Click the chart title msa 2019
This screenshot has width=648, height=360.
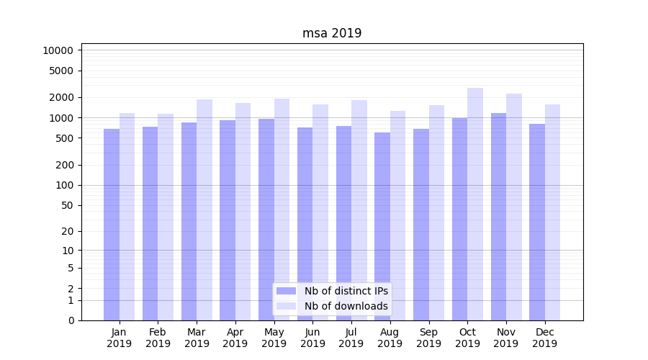[331, 33]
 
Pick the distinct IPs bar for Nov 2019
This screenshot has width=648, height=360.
[498, 216]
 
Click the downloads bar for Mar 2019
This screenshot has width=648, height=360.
[204, 210]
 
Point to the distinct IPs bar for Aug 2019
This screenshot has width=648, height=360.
[382, 226]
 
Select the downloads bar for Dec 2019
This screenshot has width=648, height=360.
[552, 212]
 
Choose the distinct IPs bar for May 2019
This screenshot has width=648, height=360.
[266, 220]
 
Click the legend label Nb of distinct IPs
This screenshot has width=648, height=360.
[346, 291]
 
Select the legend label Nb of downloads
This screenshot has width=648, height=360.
[346, 306]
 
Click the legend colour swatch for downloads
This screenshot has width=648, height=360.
[287, 306]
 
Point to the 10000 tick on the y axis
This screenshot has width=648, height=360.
[58, 50]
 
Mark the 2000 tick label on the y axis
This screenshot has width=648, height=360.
[61, 97]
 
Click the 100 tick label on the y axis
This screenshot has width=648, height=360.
[64, 185]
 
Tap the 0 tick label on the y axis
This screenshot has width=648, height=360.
[71, 320]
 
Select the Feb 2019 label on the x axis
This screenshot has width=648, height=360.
[158, 338]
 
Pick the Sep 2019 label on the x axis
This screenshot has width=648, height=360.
[428, 338]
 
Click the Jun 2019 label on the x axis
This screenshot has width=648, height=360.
[312, 338]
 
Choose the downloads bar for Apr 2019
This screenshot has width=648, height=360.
[243, 212]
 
